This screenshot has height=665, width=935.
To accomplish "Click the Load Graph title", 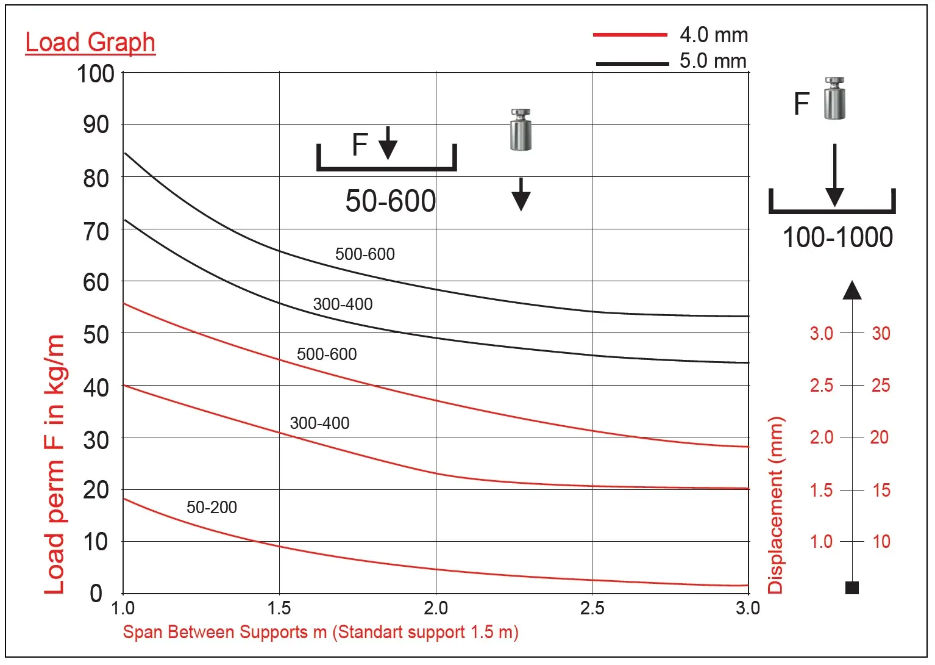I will [x=90, y=43].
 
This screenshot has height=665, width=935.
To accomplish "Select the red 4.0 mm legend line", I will [x=630, y=35].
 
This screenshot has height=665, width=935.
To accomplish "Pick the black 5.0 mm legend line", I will [x=632, y=63].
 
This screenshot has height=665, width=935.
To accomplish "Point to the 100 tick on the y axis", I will [x=96, y=74].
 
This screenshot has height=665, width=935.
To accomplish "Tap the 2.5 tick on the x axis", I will [x=592, y=608].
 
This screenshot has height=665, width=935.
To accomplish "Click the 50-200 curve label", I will [x=212, y=507].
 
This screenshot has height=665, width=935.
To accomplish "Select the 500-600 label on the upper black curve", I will [x=365, y=254].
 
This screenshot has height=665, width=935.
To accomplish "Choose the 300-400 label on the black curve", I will [x=343, y=304].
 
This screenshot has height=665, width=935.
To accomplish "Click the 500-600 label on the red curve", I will [x=327, y=354].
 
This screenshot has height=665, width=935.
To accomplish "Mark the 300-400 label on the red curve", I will [x=319, y=423].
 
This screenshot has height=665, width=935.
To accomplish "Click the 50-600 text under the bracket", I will [x=391, y=201].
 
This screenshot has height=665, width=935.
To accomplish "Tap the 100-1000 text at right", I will [x=837, y=237].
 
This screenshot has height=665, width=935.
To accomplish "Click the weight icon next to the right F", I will [x=834, y=98].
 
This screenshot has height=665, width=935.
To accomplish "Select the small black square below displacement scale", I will [x=852, y=588].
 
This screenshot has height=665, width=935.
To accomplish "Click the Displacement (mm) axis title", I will [x=775, y=505].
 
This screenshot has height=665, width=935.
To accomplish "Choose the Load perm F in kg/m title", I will [x=54, y=464].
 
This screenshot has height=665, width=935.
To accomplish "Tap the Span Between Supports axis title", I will [x=321, y=632].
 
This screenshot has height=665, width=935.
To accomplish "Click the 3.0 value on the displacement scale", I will [x=821, y=334].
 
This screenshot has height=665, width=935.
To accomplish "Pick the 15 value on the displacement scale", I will [x=881, y=490].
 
